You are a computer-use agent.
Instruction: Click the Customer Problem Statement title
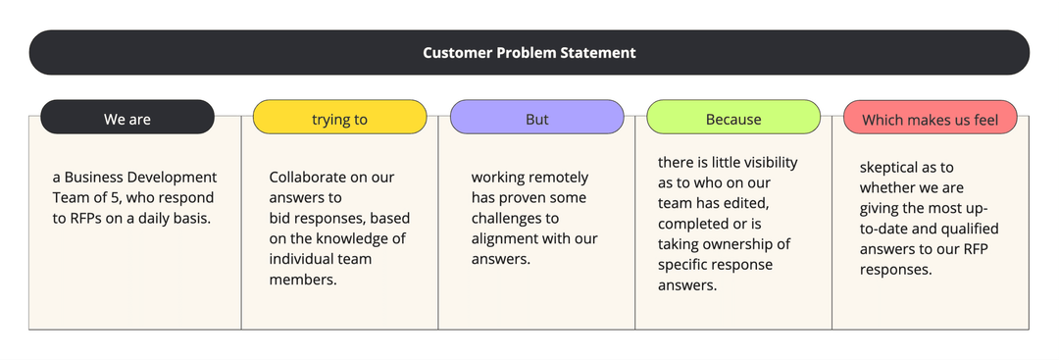[x=529, y=53]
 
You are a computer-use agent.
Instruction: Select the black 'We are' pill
[x=126, y=117]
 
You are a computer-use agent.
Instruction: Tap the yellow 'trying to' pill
[x=339, y=117]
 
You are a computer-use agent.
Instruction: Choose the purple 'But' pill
[x=537, y=117]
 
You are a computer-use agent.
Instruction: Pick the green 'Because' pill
[x=733, y=117]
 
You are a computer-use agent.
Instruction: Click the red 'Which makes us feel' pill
[x=930, y=117]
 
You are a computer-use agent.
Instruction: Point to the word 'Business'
[x=94, y=178]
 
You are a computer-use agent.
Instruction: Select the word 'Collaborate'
[x=307, y=178]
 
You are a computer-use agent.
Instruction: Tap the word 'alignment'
[x=504, y=239]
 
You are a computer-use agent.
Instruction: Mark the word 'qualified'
[x=970, y=229]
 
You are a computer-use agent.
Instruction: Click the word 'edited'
[x=745, y=203]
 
